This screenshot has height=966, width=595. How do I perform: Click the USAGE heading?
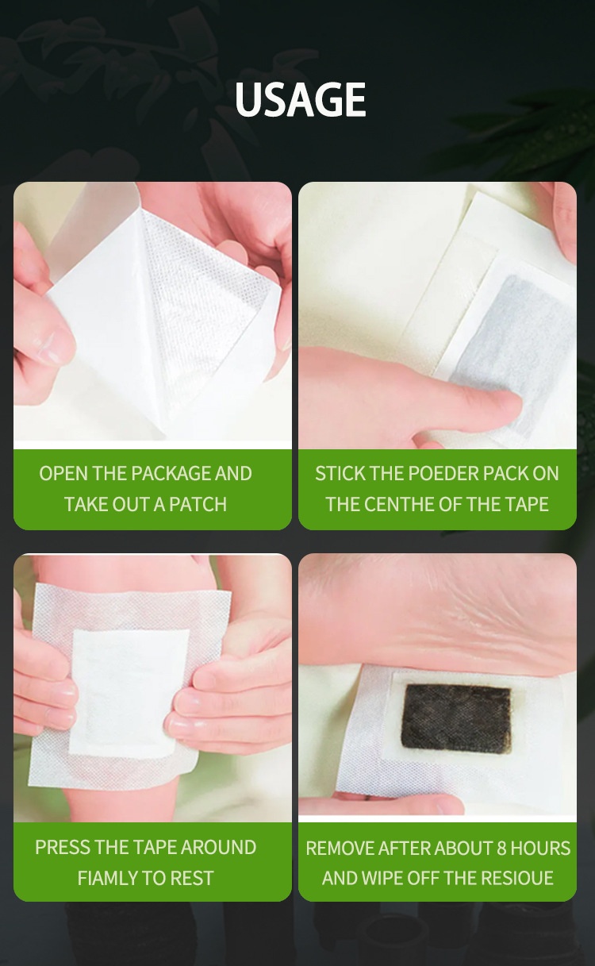point(301,100)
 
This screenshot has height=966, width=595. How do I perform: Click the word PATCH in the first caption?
point(198,504)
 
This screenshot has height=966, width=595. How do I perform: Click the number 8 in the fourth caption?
point(501,849)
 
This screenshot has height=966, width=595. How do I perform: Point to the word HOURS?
point(541,849)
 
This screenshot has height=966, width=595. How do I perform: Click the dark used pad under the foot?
point(456,719)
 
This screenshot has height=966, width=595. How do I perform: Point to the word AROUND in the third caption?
point(218,848)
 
